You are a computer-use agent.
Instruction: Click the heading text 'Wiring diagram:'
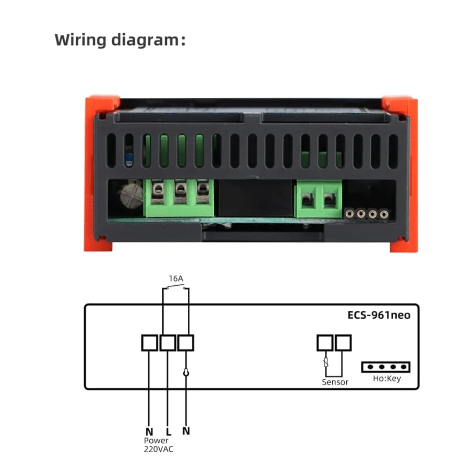click(120, 40)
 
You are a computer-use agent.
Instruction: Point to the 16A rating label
click(176, 278)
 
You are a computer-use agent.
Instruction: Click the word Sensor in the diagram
click(335, 382)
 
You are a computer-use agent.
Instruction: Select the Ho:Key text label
click(386, 378)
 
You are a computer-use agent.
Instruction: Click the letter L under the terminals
click(168, 431)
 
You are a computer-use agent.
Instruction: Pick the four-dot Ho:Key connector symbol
click(385, 367)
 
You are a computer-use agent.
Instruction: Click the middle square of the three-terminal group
click(168, 343)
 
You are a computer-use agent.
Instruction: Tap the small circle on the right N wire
click(186, 372)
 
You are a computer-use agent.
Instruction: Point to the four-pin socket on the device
click(367, 214)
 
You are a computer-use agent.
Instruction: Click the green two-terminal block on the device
click(319, 200)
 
